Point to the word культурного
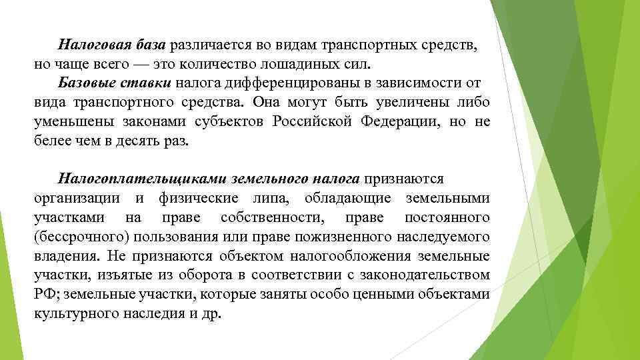tap(73, 314)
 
